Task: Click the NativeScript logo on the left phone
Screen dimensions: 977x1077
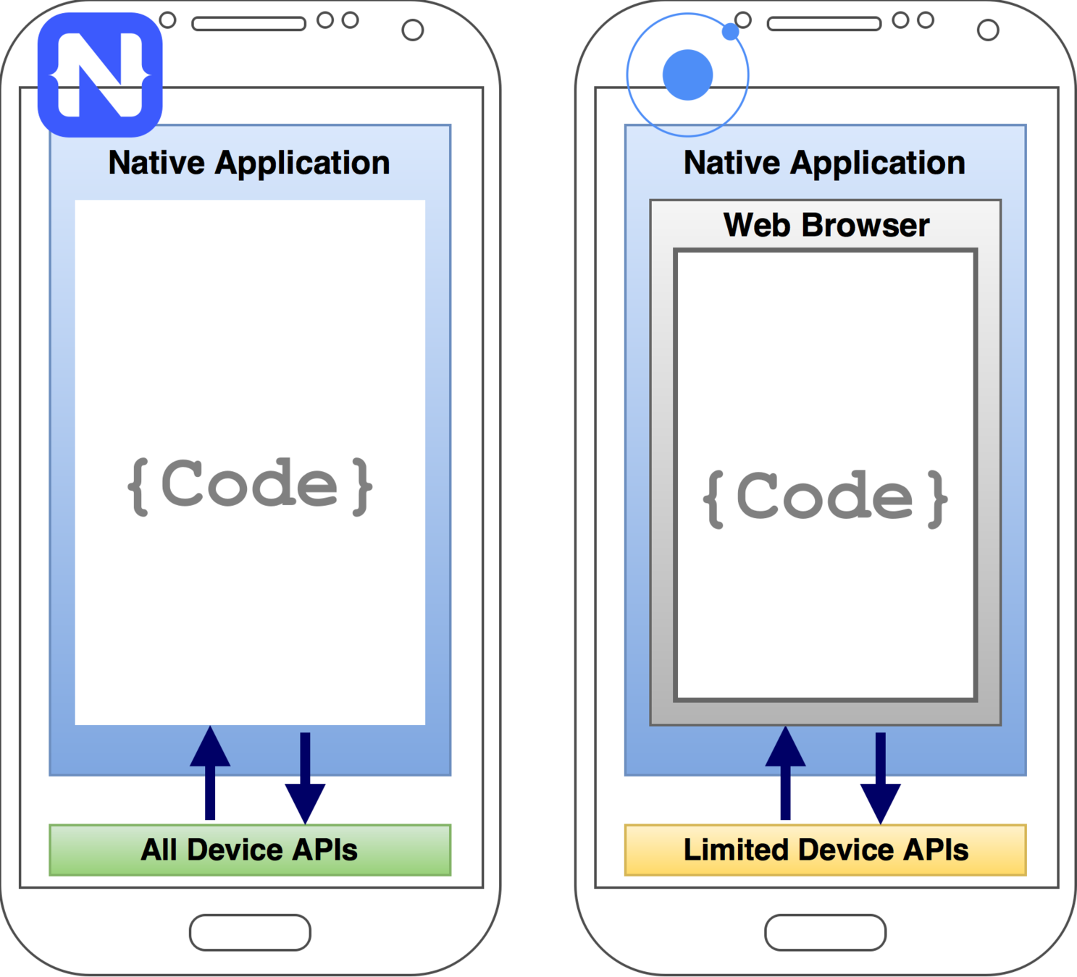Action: pos(100,75)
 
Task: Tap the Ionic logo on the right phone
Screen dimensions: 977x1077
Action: pos(687,75)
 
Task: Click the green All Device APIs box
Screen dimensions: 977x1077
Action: pos(250,850)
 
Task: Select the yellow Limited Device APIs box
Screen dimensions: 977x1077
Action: pos(825,850)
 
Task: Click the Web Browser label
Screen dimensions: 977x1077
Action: pos(826,225)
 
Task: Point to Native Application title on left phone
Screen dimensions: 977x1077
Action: pos(249,163)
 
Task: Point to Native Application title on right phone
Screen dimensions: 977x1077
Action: pos(824,163)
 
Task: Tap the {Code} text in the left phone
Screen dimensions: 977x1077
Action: pos(250,486)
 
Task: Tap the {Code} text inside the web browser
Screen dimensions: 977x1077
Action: pos(825,497)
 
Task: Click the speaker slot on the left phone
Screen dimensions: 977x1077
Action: pos(248,24)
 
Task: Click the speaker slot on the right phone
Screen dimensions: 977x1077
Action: pos(824,24)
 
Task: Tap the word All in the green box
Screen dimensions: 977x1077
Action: pos(159,850)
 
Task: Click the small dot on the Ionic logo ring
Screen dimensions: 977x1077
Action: pos(731,32)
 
